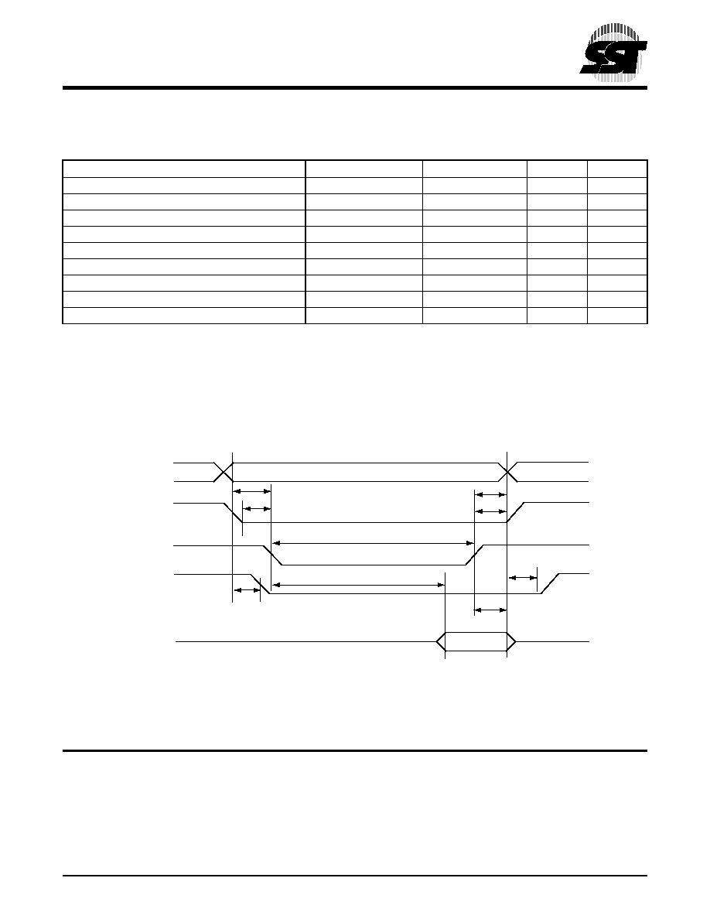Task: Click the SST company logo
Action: (614, 52)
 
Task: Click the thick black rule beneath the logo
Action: (355, 88)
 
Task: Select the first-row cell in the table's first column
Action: (184, 169)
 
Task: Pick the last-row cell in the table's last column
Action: (617, 316)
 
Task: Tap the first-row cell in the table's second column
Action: (364, 169)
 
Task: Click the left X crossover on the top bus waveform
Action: (223, 472)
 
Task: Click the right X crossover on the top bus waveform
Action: (507, 472)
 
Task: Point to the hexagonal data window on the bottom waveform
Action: (476, 642)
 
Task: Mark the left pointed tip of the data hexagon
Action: (436, 642)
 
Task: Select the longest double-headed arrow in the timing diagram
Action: (373, 543)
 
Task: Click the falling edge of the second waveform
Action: (233, 512)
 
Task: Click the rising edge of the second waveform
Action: (516, 512)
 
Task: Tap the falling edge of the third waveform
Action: (272, 555)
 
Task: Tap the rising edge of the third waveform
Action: (475, 555)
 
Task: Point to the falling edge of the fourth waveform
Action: (260, 584)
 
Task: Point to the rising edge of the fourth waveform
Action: (550, 584)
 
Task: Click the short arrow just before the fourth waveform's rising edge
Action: (523, 579)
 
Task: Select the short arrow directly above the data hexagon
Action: (490, 610)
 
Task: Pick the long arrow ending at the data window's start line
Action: (359, 584)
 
